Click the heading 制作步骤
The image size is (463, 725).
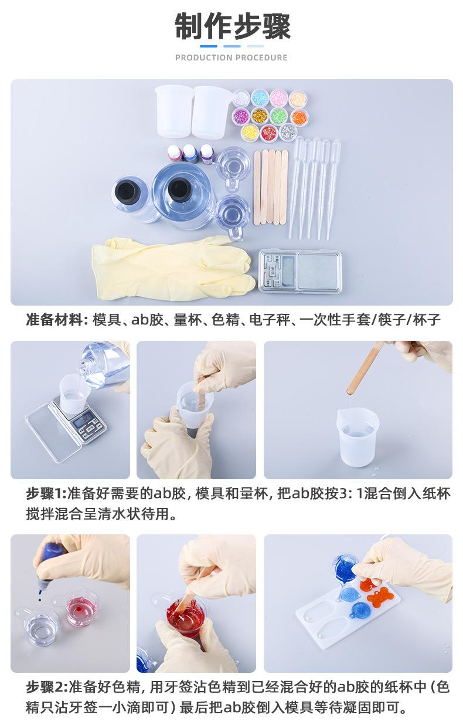(x=233, y=26)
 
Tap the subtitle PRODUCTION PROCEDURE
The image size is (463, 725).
(x=231, y=57)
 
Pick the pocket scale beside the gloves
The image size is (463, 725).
(x=299, y=270)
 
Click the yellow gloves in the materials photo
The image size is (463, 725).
(x=173, y=267)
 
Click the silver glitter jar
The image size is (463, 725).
(x=287, y=133)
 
